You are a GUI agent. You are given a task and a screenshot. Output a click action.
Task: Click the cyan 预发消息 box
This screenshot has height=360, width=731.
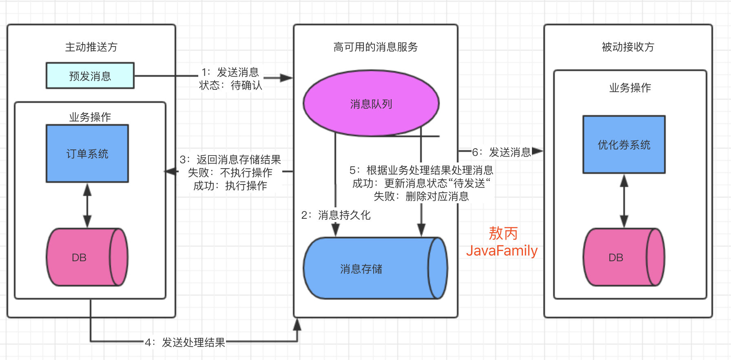click(x=90, y=76)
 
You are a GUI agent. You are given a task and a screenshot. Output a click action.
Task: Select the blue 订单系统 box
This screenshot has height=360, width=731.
click(x=87, y=153)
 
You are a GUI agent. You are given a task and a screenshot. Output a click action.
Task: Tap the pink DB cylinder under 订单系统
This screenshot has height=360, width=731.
click(x=86, y=257)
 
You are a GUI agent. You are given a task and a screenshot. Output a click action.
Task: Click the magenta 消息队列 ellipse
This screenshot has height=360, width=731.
click(x=371, y=104)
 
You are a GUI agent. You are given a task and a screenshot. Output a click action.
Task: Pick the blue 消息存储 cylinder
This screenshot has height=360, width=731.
click(x=374, y=269)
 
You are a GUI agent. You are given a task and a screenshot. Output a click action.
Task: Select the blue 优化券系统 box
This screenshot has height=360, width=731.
click(x=624, y=144)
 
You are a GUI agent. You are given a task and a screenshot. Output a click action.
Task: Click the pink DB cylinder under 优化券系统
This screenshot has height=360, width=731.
click(x=623, y=257)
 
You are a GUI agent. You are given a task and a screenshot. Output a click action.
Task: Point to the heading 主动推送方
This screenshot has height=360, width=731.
click(x=91, y=47)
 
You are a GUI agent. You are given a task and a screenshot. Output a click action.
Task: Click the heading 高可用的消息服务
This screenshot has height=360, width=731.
click(x=376, y=47)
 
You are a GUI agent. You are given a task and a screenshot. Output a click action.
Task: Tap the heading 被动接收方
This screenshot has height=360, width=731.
click(x=628, y=47)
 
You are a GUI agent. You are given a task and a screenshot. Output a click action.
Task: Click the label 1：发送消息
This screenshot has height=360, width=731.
click(x=230, y=72)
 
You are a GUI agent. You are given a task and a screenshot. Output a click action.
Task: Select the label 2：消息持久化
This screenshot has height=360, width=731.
click(x=336, y=215)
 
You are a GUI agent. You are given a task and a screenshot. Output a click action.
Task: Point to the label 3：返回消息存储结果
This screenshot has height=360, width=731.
click(x=230, y=160)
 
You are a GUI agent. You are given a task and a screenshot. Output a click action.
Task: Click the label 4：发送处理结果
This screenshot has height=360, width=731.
click(x=185, y=342)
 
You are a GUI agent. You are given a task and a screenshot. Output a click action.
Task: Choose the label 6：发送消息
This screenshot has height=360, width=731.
click(x=502, y=152)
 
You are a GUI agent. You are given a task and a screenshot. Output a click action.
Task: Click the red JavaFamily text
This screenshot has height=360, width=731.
click(x=502, y=251)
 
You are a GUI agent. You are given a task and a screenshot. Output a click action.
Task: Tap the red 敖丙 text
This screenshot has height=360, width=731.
click(x=503, y=233)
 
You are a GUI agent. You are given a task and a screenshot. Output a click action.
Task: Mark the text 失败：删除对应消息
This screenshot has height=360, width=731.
click(x=421, y=197)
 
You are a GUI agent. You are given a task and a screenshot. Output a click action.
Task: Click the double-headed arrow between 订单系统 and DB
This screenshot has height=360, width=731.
click(x=87, y=205)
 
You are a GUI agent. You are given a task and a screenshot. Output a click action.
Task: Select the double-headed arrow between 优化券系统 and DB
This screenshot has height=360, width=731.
click(x=624, y=201)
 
